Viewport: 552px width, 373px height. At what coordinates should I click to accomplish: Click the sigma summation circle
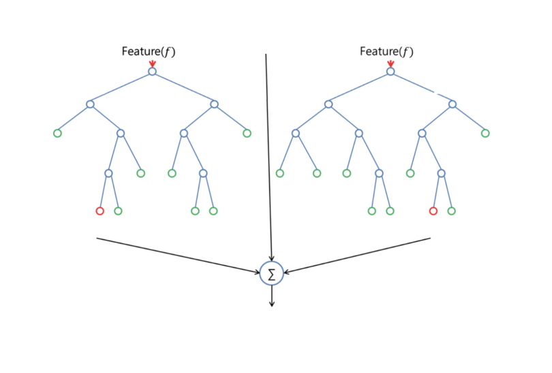(x=271, y=273)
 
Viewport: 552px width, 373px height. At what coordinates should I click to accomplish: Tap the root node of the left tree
(x=152, y=72)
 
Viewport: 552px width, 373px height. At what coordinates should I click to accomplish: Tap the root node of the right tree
(x=390, y=71)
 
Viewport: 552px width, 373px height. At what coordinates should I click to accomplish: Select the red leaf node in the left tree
(x=99, y=211)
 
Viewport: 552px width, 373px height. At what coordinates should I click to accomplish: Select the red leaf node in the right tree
(x=433, y=211)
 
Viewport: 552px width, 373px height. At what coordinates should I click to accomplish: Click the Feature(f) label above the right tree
(x=386, y=51)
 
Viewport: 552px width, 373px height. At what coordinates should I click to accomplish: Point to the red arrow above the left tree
(x=152, y=63)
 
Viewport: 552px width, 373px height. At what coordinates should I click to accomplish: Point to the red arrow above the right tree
(x=390, y=63)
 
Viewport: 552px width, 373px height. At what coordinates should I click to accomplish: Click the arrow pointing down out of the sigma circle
(x=271, y=296)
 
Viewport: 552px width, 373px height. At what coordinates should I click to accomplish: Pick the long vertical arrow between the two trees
(x=268, y=157)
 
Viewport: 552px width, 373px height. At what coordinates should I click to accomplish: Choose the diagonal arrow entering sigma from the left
(x=177, y=255)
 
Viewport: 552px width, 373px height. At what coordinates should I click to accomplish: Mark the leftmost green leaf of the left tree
(x=57, y=133)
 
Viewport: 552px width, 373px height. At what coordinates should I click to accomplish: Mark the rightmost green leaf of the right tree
(x=485, y=133)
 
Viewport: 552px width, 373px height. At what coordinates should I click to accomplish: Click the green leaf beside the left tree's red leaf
(x=118, y=211)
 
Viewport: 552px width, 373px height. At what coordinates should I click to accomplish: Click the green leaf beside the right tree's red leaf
(x=451, y=211)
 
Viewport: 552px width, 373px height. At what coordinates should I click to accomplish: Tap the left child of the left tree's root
(x=89, y=104)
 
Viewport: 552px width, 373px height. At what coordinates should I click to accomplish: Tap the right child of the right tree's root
(x=453, y=104)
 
